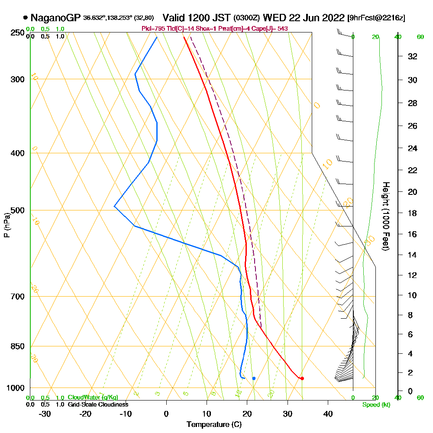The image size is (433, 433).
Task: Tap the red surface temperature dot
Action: [x=302, y=378]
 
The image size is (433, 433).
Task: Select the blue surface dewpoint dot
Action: [x=254, y=378]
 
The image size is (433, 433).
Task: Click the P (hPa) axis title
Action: [x=6, y=225]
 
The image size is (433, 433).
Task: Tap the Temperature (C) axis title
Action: [x=214, y=424]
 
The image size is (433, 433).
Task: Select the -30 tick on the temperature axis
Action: [x=45, y=414]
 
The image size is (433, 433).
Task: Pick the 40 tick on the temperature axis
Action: [x=327, y=414]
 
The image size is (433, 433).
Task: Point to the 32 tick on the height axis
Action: [x=413, y=56]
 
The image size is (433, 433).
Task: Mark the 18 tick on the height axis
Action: [x=413, y=213]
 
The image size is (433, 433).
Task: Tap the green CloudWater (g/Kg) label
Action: [x=93, y=397]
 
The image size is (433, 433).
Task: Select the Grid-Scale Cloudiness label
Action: [x=98, y=404]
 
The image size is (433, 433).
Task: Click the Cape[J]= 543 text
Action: [x=272, y=29]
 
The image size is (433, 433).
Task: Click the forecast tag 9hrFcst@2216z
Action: [x=376, y=18]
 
